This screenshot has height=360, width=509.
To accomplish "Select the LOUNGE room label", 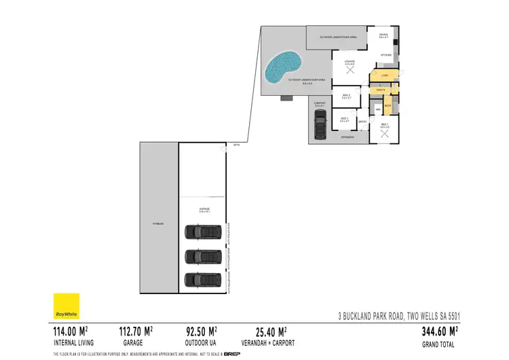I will click(x=350, y=62).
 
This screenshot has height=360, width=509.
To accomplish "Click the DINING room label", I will click(x=383, y=34).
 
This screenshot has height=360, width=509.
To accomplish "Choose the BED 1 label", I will click(x=385, y=126).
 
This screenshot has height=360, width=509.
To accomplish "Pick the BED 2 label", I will click(x=346, y=96).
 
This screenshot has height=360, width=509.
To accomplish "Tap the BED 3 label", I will click(x=344, y=119).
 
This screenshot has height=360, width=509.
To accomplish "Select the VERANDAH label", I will click(x=347, y=138).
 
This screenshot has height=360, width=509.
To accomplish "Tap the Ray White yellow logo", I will click(x=67, y=306).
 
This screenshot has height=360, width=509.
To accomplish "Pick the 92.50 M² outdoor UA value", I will click(x=202, y=332).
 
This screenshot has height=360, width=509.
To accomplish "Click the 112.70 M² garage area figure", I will click(x=136, y=332).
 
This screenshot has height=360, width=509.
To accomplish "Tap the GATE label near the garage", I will click(x=236, y=145).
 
